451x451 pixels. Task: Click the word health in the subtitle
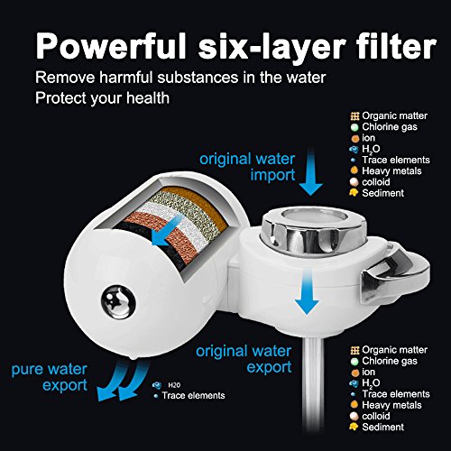point(148,98)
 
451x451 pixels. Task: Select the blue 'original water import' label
point(247,167)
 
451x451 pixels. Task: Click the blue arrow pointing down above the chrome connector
point(311,173)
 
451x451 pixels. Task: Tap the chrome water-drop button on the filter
point(117,303)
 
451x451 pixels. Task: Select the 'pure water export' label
point(50,377)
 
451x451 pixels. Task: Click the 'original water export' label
point(244,359)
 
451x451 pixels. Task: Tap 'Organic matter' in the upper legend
point(394,115)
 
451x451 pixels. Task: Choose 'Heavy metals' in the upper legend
point(391,170)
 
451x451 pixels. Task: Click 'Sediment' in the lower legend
point(382,427)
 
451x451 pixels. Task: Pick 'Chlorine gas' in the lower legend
point(390,361)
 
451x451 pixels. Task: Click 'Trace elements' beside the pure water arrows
point(193,395)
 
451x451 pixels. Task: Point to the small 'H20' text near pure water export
point(174,385)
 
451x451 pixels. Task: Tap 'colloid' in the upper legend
point(376,182)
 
